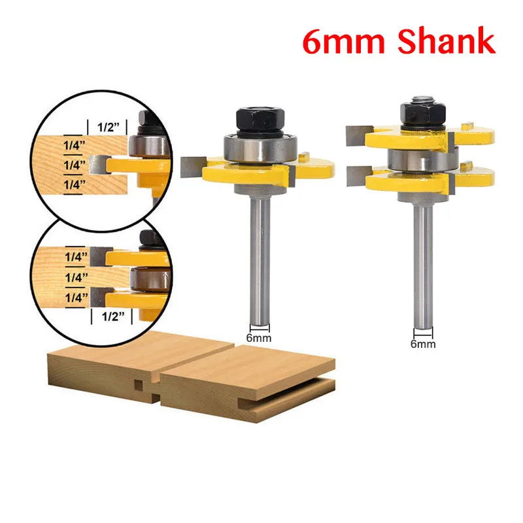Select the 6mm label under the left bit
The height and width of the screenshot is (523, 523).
click(x=260, y=338)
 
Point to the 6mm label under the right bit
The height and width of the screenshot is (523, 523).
click(x=422, y=343)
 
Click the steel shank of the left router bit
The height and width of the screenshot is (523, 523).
click(x=260, y=248)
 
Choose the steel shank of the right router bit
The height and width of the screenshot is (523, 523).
click(x=422, y=255)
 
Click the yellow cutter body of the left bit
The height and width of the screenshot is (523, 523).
click(x=248, y=173)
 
